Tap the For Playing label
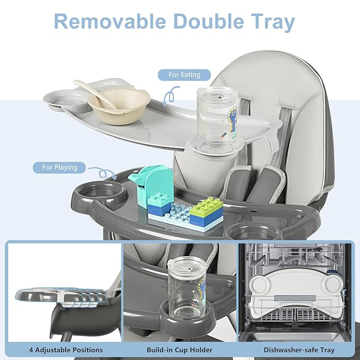(59, 168)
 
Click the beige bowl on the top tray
(118, 106)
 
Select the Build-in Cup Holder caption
(180, 350)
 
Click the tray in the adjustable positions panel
(58, 297)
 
